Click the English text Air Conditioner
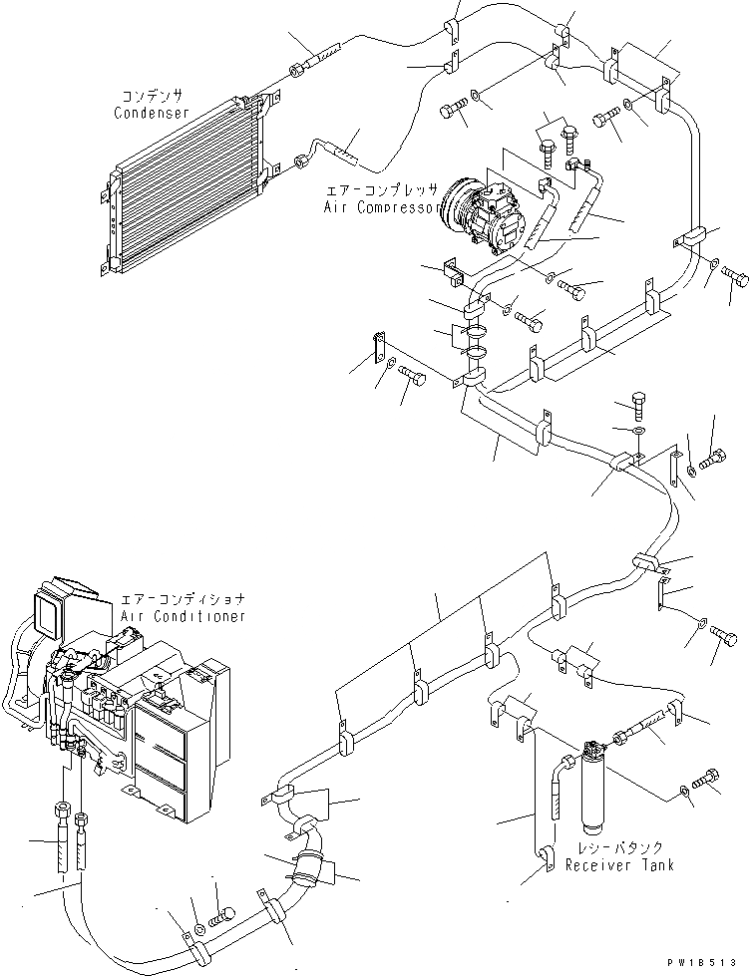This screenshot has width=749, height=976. click(183, 617)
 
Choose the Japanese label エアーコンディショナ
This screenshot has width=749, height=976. click(183, 600)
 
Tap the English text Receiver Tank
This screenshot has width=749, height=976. click(618, 865)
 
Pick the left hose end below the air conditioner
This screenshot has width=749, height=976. click(64, 817)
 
